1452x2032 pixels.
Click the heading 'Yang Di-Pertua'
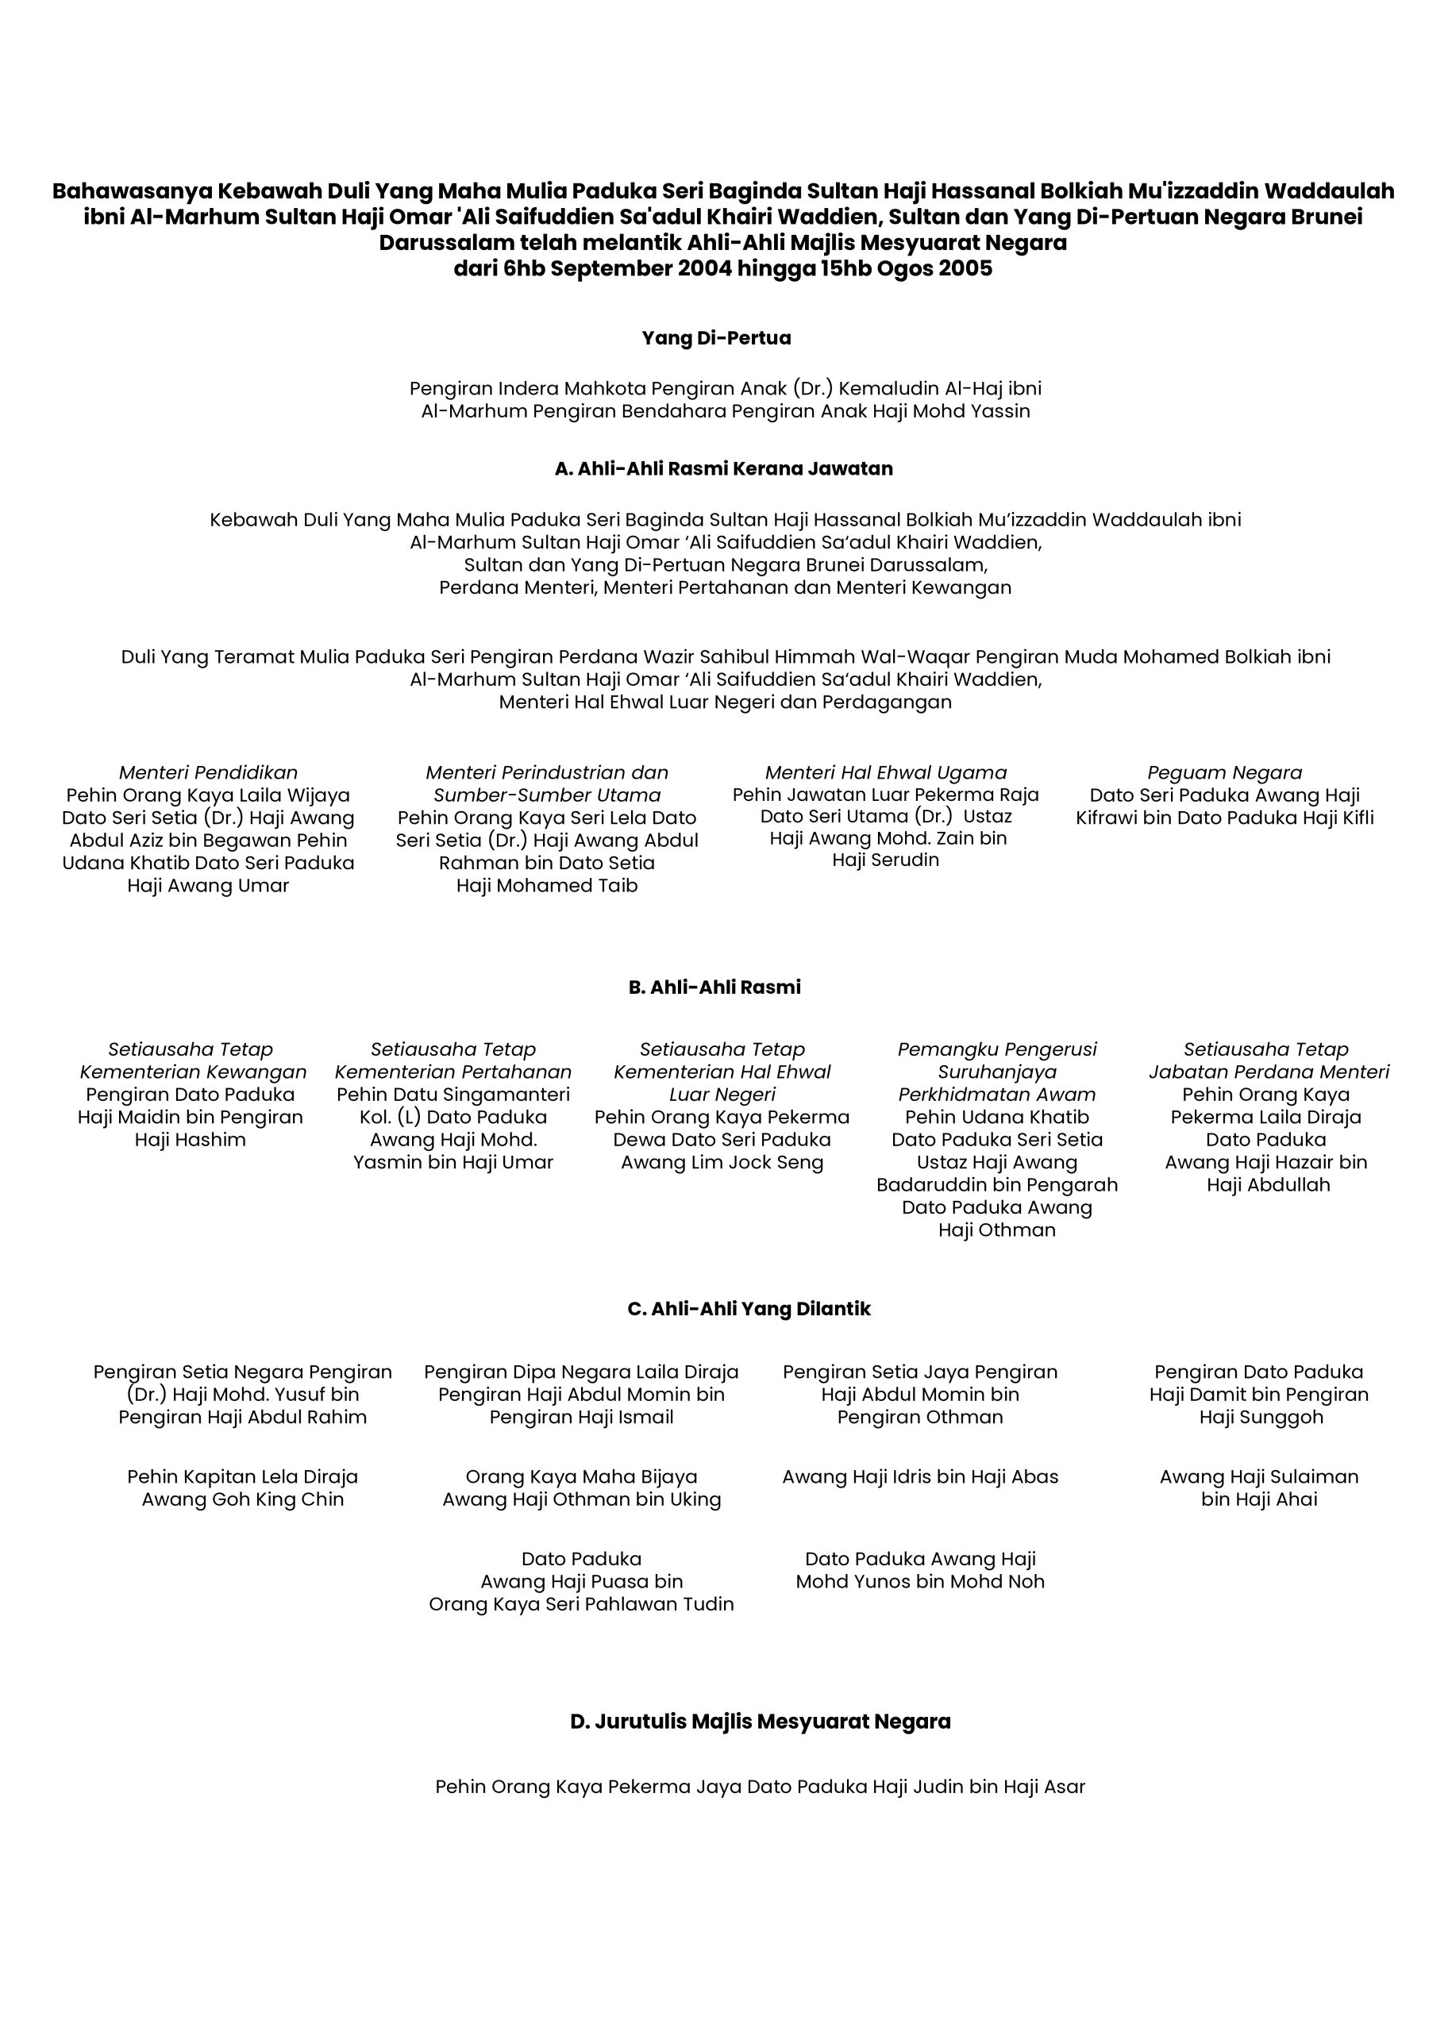(716, 338)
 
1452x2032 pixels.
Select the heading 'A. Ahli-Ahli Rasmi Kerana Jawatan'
(723, 468)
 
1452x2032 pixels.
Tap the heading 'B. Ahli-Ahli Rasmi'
(714, 987)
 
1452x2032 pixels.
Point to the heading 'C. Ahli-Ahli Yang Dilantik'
(749, 1309)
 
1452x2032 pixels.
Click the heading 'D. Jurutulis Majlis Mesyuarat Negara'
(760, 1721)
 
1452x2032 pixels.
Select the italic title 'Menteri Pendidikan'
(208, 772)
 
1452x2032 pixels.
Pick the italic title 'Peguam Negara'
(1224, 772)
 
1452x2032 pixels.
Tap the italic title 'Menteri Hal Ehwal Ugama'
(885, 772)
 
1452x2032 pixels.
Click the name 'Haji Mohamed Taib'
(546, 885)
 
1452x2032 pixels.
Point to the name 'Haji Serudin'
(885, 860)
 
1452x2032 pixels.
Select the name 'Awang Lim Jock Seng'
(722, 1162)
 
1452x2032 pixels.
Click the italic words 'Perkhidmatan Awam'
(997, 1095)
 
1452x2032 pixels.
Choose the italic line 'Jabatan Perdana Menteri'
(1269, 1072)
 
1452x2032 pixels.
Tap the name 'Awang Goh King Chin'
(242, 1499)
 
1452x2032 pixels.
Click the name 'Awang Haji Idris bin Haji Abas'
(920, 1477)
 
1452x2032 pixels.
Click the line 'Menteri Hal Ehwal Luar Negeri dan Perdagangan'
(725, 702)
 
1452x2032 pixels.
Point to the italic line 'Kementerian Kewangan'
(193, 1072)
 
